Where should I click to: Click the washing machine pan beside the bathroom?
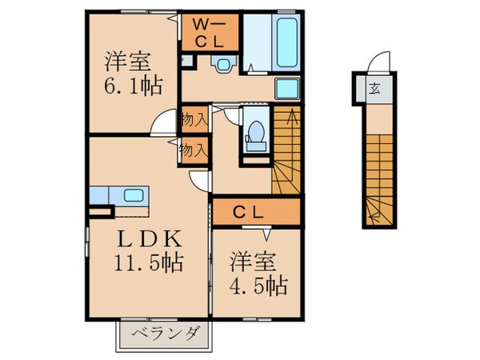pos(286,89)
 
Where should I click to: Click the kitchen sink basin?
pos(131,195)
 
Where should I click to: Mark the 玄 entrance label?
pos(374,89)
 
